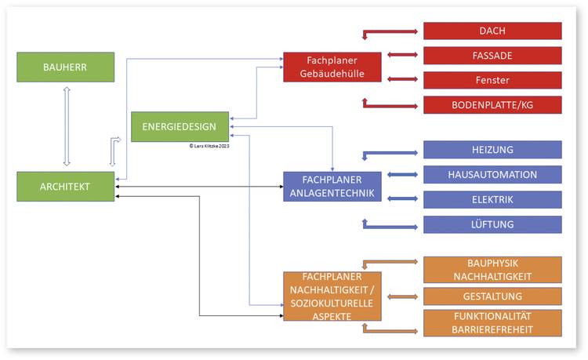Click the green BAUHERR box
pos(66,67)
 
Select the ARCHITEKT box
pos(66,187)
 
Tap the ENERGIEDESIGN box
pos(180,126)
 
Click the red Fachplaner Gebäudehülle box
pos(332,67)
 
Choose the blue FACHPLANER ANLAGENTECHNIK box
pos(332,187)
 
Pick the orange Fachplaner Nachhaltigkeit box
pos(332,296)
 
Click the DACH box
pos(492,31)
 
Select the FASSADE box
pos(492,56)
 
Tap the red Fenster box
pos(492,80)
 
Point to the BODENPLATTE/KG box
pos(492,105)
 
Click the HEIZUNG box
pos(492,150)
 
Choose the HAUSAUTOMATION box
pos(492,174)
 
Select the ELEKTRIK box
pos(492,199)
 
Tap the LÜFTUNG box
pos(492,224)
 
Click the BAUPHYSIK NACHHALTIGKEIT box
pos(492,270)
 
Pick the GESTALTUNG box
pos(492,296)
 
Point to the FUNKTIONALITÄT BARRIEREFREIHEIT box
pos(492,323)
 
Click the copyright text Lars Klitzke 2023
pos(209,146)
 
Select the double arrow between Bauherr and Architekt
pos(67,125)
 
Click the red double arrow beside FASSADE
pos(403,55)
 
